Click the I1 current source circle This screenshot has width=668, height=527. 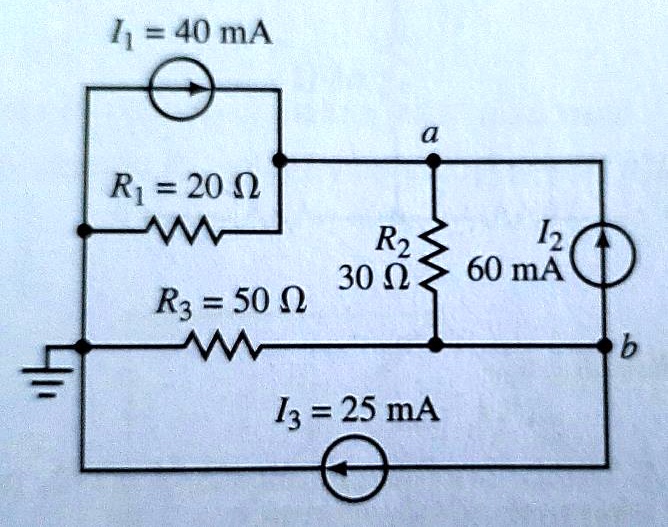[179, 89]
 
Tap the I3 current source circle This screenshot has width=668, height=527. [353, 467]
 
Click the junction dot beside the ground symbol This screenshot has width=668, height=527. [85, 346]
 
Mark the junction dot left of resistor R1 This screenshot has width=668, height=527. [86, 231]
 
